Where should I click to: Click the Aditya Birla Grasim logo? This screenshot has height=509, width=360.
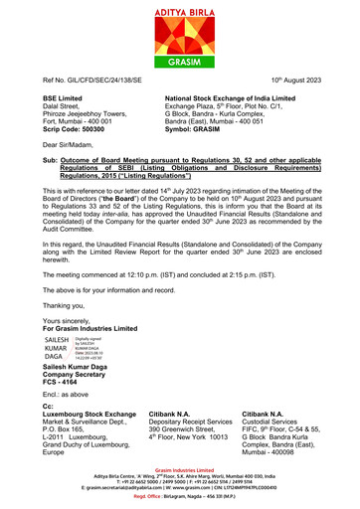179,30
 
